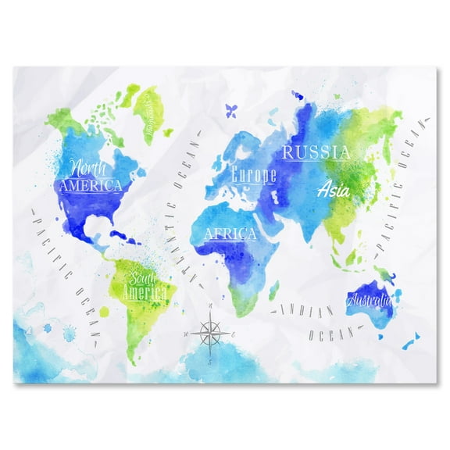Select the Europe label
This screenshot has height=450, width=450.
pyautogui.click(x=254, y=175)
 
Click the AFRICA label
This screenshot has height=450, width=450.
pyautogui.click(x=230, y=233)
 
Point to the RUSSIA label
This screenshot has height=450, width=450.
pyautogui.click(x=316, y=152)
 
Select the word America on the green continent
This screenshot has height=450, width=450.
pyautogui.click(x=148, y=293)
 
